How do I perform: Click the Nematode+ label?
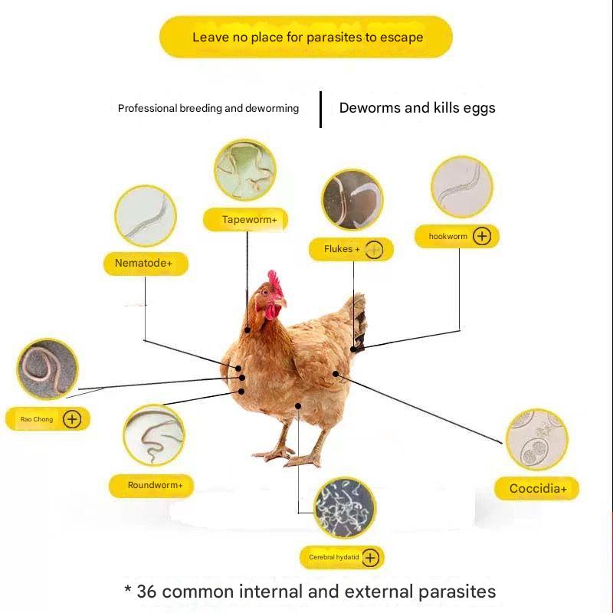(144, 264)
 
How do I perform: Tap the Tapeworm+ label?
(245, 220)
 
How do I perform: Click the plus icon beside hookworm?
(482, 236)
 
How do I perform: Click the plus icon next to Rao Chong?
(72, 419)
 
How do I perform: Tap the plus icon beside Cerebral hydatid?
(370, 558)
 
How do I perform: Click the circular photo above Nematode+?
(146, 215)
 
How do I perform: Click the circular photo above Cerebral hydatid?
(346, 506)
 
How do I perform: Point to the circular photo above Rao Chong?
(48, 370)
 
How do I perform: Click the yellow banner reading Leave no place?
(306, 37)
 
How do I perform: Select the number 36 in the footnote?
(147, 592)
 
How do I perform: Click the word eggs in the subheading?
(479, 108)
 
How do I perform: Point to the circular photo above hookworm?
(461, 188)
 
